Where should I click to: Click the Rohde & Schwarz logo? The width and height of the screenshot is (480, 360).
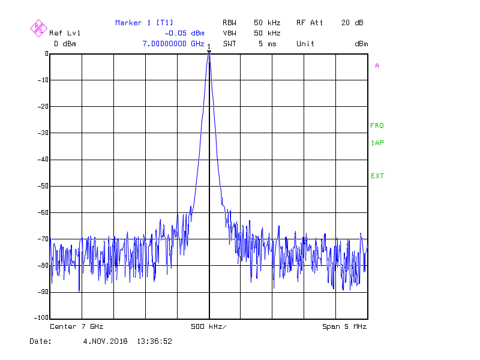pyautogui.click(x=38, y=28)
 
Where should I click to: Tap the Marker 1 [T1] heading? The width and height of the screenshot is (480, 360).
pyautogui.click(x=144, y=23)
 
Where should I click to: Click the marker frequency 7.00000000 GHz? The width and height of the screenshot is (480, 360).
pyautogui.click(x=173, y=44)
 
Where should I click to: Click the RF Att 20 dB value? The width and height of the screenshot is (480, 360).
pyautogui.click(x=352, y=23)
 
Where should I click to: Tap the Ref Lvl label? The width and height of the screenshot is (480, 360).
pyautogui.click(x=65, y=33)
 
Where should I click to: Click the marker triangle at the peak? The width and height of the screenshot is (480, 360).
pyautogui.click(x=209, y=52)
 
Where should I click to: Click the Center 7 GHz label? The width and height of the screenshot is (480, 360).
pyautogui.click(x=77, y=326)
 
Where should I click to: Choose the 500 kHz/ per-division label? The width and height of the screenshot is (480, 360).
pyautogui.click(x=209, y=326)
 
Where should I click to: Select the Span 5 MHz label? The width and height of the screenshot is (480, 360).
pyautogui.click(x=344, y=326)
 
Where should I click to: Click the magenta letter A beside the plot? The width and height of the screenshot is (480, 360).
pyautogui.click(x=377, y=66)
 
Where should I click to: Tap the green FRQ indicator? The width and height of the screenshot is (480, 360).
pyautogui.click(x=377, y=126)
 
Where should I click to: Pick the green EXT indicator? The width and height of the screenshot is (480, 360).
pyautogui.click(x=377, y=176)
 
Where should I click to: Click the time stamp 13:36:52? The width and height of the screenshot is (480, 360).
pyautogui.click(x=155, y=341)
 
